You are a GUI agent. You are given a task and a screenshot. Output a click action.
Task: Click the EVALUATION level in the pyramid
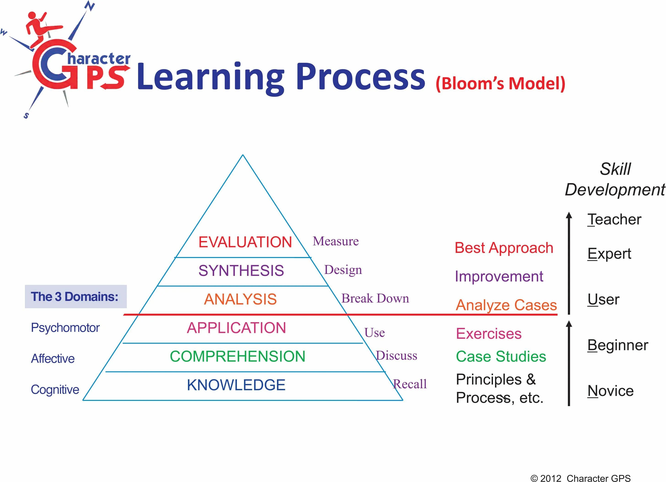click(245, 242)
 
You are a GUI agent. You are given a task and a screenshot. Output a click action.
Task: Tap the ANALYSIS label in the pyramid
click(240, 299)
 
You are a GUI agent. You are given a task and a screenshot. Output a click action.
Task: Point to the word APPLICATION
click(236, 328)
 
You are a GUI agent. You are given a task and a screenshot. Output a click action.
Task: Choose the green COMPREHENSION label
click(238, 356)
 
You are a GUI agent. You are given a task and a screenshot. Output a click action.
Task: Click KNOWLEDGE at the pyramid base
click(236, 385)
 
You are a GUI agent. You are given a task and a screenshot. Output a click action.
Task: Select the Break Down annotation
click(375, 298)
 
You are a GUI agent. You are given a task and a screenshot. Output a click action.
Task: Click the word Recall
click(410, 384)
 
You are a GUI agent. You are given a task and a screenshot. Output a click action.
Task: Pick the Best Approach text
click(504, 248)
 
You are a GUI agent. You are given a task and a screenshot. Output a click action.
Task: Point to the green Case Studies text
click(501, 356)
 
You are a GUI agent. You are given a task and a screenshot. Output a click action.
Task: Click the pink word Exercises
click(489, 334)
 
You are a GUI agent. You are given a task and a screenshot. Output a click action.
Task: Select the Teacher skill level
click(614, 220)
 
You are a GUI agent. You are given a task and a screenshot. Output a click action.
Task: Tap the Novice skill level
click(611, 391)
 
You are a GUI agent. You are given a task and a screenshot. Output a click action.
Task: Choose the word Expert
click(609, 254)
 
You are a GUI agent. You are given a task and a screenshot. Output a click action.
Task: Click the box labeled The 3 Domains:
click(76, 297)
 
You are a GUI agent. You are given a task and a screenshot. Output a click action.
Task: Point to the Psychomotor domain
click(65, 328)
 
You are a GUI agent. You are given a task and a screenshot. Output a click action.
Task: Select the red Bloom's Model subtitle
click(500, 84)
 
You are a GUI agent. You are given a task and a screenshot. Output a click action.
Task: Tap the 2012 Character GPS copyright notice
click(581, 478)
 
